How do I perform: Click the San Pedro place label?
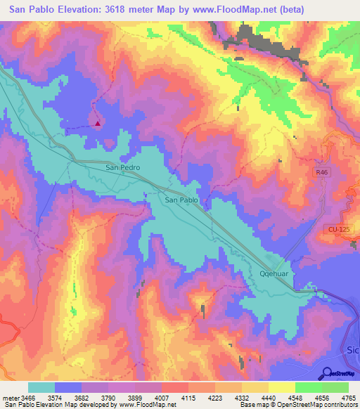(122, 168)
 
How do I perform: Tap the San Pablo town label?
(181, 200)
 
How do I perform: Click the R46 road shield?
(321, 171)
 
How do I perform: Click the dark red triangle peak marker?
(98, 124)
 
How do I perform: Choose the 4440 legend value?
(270, 397)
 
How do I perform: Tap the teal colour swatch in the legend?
(41, 387)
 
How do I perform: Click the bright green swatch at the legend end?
(335, 387)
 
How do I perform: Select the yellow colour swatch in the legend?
(282, 387)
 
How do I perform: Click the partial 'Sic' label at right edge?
(352, 350)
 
